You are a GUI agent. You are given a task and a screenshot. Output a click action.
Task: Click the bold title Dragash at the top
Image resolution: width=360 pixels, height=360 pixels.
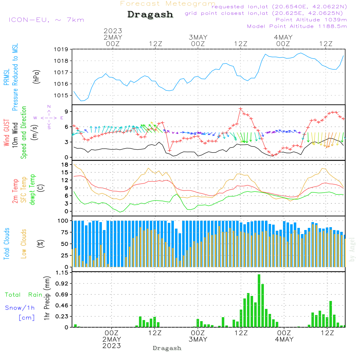pos(150,15)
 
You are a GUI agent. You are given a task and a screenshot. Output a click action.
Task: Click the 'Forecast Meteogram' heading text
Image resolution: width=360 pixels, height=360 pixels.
pos(168,4)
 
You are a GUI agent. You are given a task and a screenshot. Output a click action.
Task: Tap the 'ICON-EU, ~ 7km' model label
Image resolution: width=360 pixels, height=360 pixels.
pos(46,20)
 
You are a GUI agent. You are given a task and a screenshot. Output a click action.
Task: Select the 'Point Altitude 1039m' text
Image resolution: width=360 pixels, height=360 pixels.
pos(311,19)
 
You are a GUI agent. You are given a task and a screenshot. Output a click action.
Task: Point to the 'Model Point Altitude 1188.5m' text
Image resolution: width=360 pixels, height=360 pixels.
pos(297,26)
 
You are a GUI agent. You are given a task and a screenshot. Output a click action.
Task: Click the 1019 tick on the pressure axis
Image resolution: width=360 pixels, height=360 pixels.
pos(62,49)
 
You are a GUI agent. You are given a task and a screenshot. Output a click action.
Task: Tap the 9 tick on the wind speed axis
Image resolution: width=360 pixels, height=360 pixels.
pos(66,112)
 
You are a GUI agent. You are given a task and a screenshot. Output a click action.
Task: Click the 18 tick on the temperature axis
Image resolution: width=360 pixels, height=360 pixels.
pos(65,165)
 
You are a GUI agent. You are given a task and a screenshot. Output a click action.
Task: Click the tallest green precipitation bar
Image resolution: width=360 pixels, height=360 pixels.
pos(259,301)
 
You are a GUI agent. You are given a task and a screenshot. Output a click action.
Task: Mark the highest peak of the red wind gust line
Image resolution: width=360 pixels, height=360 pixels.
pos(240,109)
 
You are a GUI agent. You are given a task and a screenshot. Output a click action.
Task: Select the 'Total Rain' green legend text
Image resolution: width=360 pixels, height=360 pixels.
pos(23,295)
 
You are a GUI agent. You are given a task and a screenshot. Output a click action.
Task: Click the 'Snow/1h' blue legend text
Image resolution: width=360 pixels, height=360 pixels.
pos(20,308)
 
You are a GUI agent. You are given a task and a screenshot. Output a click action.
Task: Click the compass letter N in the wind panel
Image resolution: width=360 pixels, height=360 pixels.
pos(49,107)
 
